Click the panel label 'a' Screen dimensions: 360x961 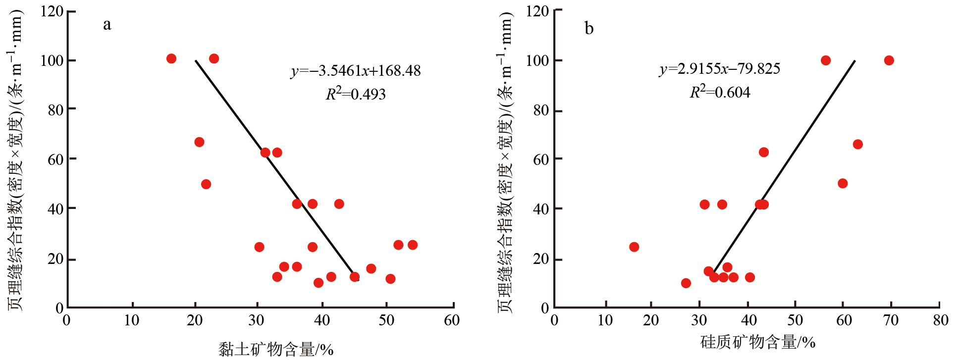(x=107, y=25)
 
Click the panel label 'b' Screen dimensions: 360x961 (x=589, y=28)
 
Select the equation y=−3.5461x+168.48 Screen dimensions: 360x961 (x=356, y=71)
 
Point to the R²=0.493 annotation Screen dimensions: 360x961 (x=355, y=94)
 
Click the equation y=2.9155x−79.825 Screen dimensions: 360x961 (x=719, y=68)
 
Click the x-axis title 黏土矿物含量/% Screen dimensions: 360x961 (x=276, y=349)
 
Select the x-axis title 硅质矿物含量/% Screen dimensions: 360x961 (x=757, y=342)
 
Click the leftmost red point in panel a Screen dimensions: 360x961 (x=171, y=59)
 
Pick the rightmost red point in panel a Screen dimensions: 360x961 (x=413, y=245)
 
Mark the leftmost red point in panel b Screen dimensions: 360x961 (x=634, y=247)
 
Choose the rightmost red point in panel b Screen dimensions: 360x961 (x=889, y=60)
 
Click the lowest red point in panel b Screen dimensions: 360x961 (x=686, y=283)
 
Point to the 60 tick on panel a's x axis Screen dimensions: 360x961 (x=452, y=320)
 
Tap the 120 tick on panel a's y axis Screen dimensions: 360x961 (x=52, y=11)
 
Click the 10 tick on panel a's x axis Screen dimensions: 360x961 (x=132, y=320)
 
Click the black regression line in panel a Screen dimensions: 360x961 (x=275, y=168)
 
